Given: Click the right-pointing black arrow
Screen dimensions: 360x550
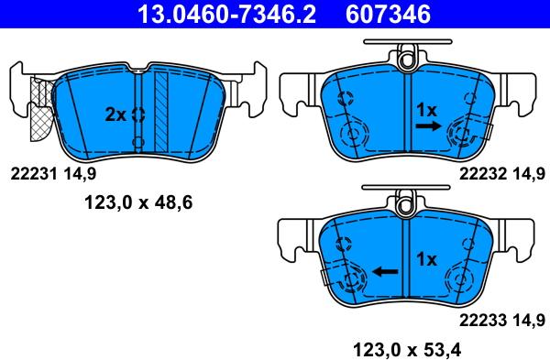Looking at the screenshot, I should tap(428, 130).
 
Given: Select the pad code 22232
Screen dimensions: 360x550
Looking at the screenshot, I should tap(483, 172).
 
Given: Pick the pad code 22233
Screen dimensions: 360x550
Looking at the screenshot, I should tap(483, 319).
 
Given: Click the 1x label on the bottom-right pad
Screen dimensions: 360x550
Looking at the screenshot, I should tap(425, 259).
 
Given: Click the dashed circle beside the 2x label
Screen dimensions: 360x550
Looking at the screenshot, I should tap(137, 115).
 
